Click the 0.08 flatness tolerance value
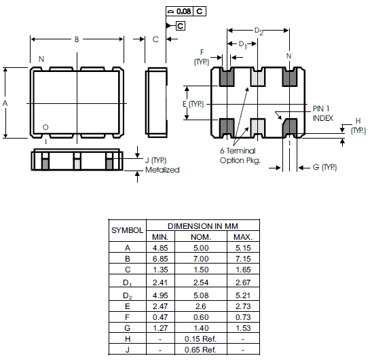(184, 12)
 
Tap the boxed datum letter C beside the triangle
(181, 26)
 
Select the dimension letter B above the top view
(77, 39)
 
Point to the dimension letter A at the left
(5, 103)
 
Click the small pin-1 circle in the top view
(45, 127)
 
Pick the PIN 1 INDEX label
(323, 113)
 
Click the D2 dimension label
(259, 31)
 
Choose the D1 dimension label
(243, 45)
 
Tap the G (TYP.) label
(324, 167)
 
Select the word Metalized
(162, 170)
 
